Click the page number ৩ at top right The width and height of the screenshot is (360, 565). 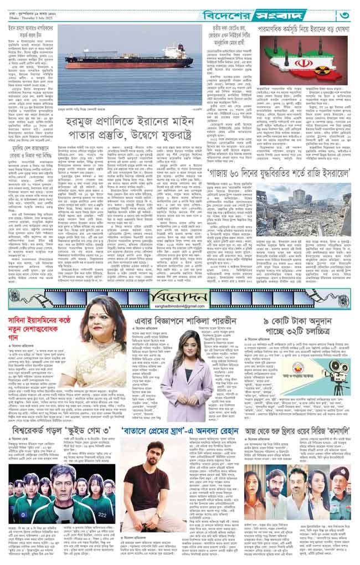pos(347,13)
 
